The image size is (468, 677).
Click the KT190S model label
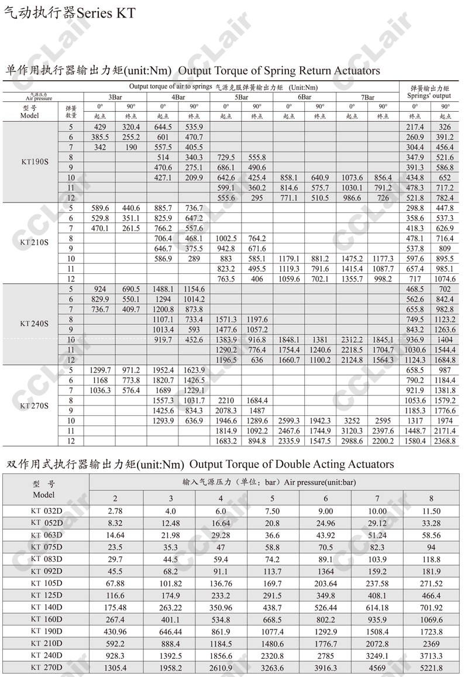click(34, 163)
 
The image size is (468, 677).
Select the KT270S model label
click(34, 405)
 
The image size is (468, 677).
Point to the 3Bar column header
click(115, 97)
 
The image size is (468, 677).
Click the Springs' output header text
click(429, 95)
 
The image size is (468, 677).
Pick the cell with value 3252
click(352, 421)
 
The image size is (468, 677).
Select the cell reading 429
click(100, 127)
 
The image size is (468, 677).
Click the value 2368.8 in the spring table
click(445, 441)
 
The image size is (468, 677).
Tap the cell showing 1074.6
click(445, 279)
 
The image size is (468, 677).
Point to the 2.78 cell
click(115, 511)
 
